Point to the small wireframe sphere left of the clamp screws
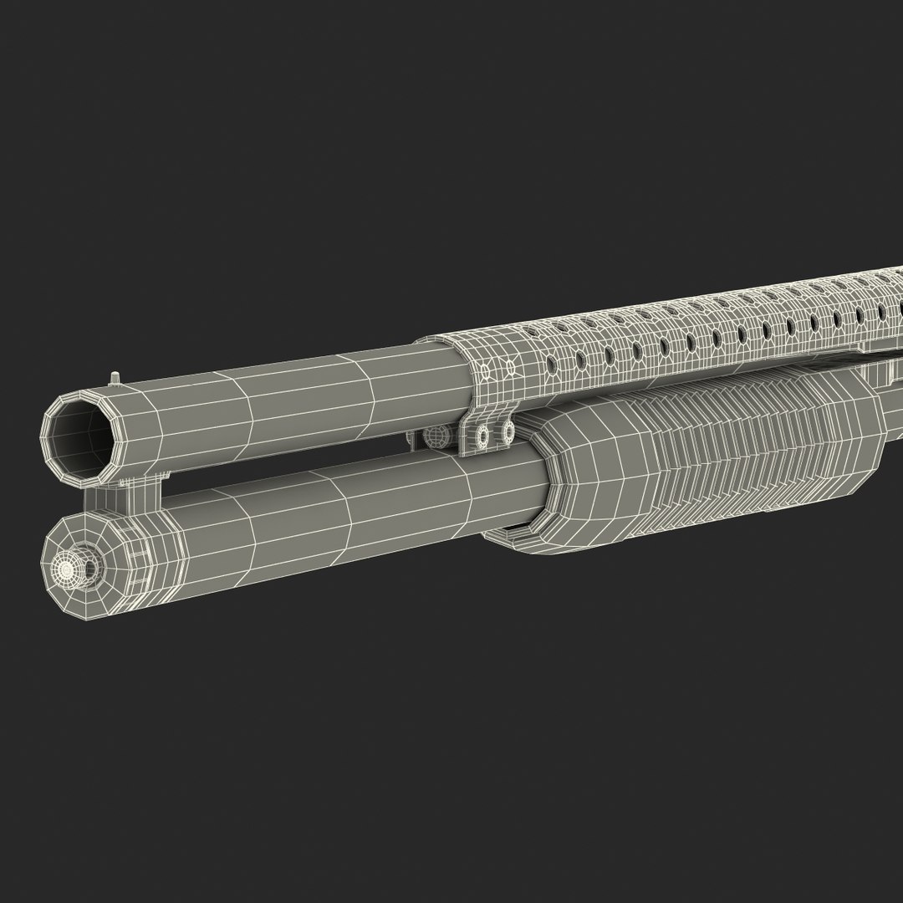point(434,436)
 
